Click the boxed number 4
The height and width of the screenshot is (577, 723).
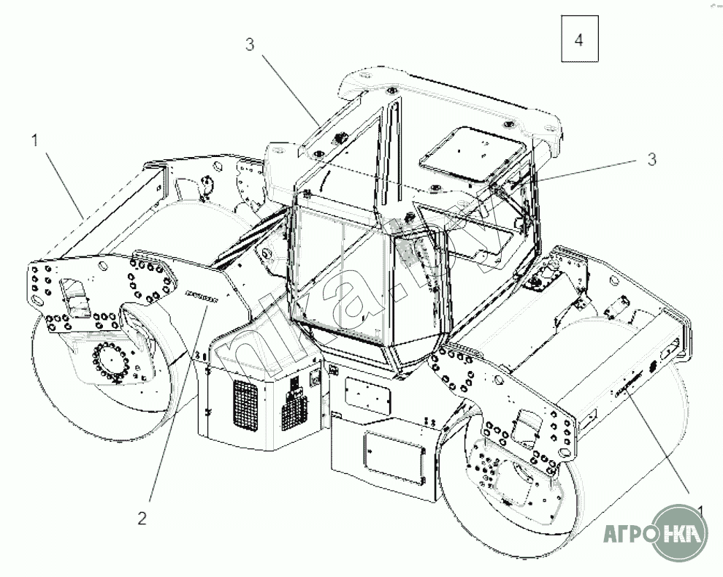point(579,40)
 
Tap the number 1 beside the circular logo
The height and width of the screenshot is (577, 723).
point(700,509)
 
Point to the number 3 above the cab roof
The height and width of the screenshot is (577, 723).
point(250,45)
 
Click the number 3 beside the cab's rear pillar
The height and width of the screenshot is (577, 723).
point(651,160)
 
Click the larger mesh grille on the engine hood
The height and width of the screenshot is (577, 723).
point(245,404)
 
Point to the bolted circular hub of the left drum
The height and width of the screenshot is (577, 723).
point(110,362)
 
